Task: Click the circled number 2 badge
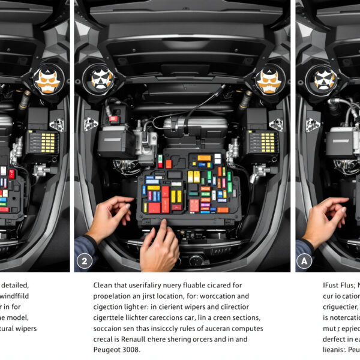[x=85, y=260]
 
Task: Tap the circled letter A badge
[x=305, y=260]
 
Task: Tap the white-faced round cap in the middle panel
[x=103, y=79]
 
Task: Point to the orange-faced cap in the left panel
[x=46, y=80]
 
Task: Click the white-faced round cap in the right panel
[x=325, y=79]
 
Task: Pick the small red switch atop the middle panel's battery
[x=113, y=119]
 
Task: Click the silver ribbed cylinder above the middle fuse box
[x=195, y=126]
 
